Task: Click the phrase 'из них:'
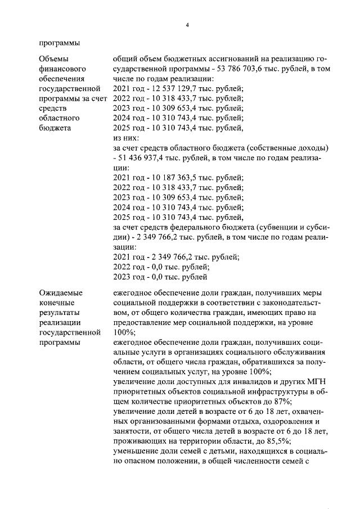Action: click(126, 138)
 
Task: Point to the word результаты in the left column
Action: click(60, 313)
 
